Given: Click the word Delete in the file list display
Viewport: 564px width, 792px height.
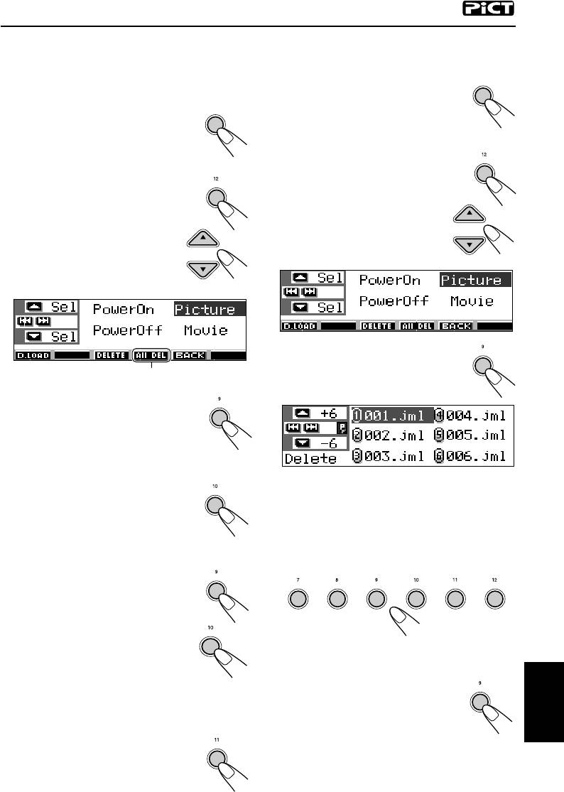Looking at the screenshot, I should click(x=310, y=459).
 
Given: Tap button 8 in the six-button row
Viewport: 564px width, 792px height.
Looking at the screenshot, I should click(x=337, y=600).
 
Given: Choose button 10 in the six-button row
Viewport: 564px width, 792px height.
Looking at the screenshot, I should click(x=416, y=600).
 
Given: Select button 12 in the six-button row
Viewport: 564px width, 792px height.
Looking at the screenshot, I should click(x=494, y=600).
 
